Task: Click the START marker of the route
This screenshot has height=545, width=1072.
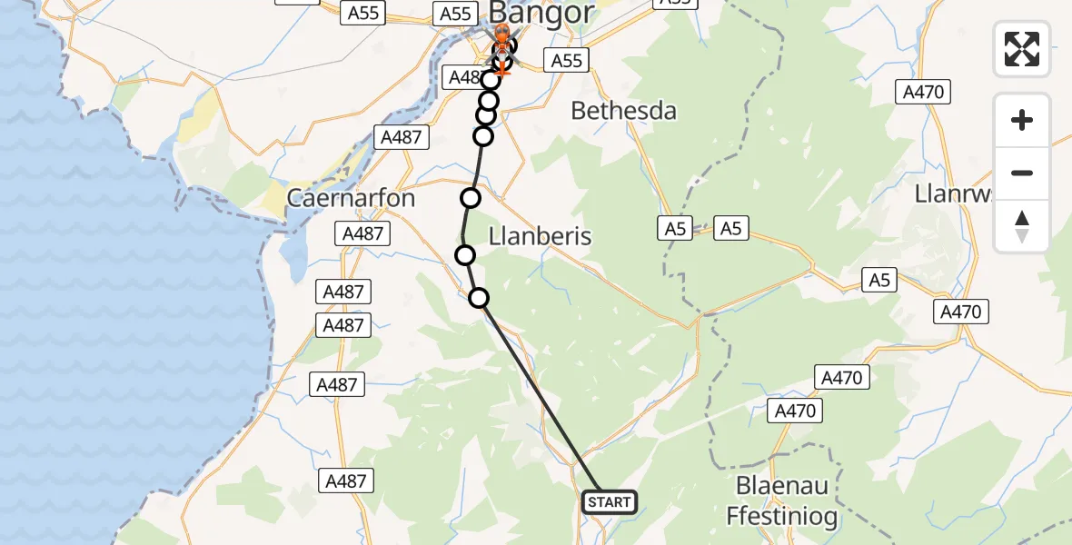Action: (x=608, y=502)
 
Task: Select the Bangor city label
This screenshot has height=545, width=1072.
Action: (x=541, y=14)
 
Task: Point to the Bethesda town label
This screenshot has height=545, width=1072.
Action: (x=623, y=111)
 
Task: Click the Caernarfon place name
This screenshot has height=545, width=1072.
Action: (x=351, y=198)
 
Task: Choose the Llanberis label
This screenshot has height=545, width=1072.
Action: (x=540, y=236)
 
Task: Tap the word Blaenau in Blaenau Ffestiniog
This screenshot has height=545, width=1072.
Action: (x=782, y=486)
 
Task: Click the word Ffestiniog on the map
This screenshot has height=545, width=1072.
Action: (x=782, y=516)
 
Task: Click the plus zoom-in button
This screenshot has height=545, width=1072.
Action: (x=1022, y=120)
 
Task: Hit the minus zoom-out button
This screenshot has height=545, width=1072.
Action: (x=1022, y=173)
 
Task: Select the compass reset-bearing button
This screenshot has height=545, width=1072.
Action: (x=1022, y=225)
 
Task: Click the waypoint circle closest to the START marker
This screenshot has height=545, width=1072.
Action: (x=479, y=297)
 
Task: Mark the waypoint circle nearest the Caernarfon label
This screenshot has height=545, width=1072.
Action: (x=470, y=198)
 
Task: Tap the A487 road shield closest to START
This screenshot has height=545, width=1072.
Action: (x=346, y=481)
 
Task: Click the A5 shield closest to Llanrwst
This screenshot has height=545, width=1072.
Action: (x=878, y=281)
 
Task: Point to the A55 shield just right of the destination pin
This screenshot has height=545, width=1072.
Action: (x=567, y=61)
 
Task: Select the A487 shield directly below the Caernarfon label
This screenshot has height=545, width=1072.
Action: (x=363, y=233)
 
